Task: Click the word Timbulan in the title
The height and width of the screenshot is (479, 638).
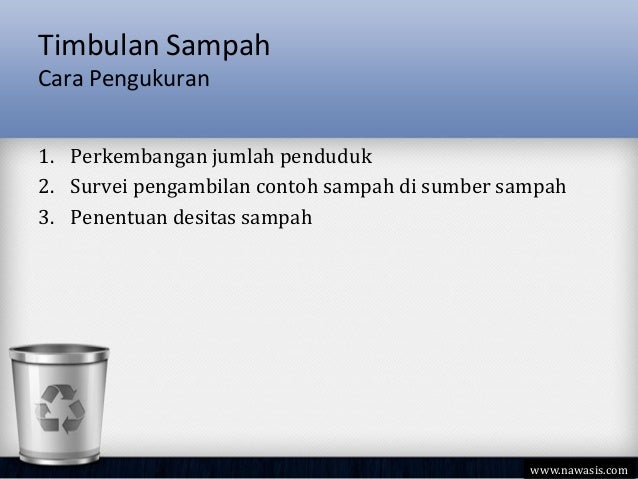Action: pyautogui.click(x=90, y=46)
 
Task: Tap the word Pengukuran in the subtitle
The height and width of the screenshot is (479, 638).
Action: pyautogui.click(x=149, y=77)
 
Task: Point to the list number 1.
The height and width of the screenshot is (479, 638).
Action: pyautogui.click(x=46, y=158)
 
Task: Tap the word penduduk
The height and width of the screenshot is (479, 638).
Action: pyautogui.click(x=326, y=158)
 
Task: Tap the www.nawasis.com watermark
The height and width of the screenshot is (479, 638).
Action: pyautogui.click(x=579, y=468)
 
